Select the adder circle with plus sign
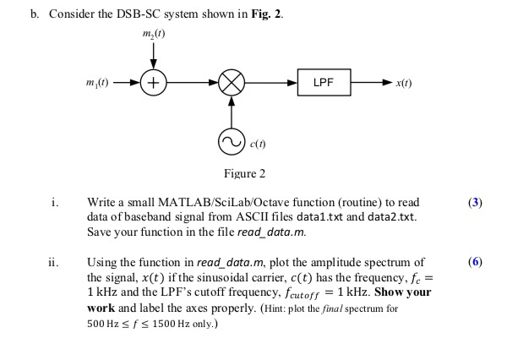point(153,85)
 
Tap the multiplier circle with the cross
point(232,85)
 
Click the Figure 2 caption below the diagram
point(243,173)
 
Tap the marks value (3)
point(475,203)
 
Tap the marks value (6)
point(475,262)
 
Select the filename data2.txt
point(384,218)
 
